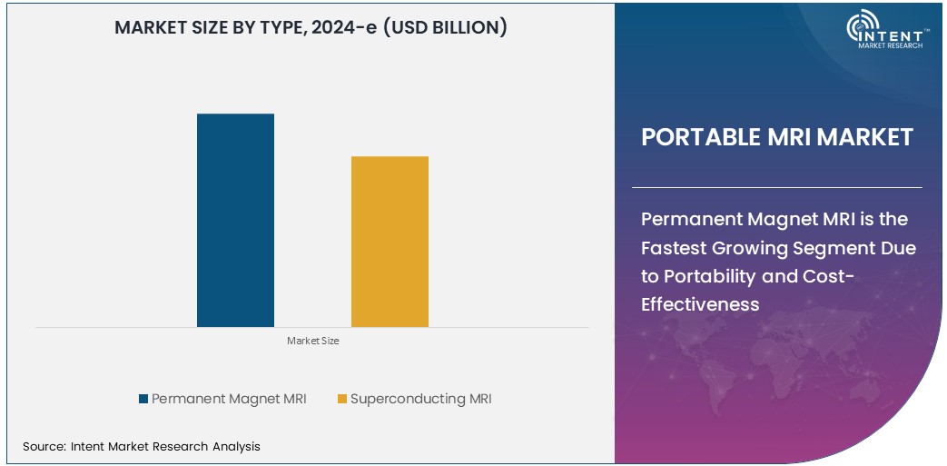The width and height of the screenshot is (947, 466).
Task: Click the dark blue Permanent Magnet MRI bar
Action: pyautogui.click(x=235, y=220)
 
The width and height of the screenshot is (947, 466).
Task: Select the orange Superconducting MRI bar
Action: pyautogui.click(x=390, y=242)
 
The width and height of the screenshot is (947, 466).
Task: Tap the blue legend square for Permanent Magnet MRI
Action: pyautogui.click(x=143, y=399)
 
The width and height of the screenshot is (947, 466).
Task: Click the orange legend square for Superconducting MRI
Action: pyautogui.click(x=341, y=399)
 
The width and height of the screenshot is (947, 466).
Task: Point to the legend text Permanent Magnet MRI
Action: pyautogui.click(x=229, y=399)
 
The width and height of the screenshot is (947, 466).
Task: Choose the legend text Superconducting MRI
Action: pyautogui.click(x=420, y=399)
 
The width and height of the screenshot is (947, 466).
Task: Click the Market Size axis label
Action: pyautogui.click(x=312, y=341)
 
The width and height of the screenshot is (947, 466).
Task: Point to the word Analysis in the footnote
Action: pyautogui.click(x=236, y=446)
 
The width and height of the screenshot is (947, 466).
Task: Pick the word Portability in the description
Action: pyautogui.click(x=717, y=276)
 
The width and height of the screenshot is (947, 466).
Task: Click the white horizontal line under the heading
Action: pyautogui.click(x=776, y=187)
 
